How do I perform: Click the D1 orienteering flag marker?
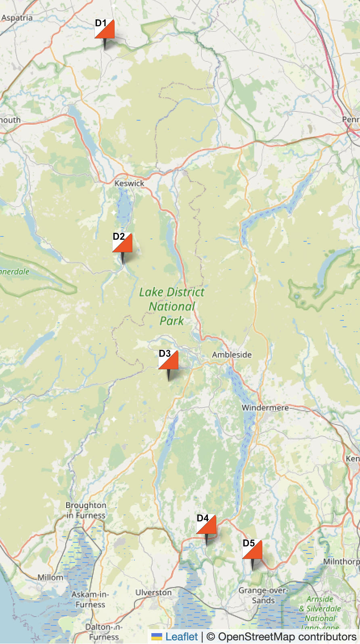(105, 29)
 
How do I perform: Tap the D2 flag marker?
(122, 243)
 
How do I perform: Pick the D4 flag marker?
(206, 524)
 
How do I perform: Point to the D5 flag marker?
(252, 549)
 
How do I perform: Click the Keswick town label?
(129, 183)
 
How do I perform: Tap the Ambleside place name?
(232, 355)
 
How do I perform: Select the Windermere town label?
(265, 408)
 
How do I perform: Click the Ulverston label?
(153, 592)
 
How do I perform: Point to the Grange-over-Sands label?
(263, 595)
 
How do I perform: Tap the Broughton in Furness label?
(86, 510)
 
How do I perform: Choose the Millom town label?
(50, 577)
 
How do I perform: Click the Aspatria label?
(17, 18)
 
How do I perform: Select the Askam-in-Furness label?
(90, 599)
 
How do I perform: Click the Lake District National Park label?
(172, 306)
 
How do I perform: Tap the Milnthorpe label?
(341, 561)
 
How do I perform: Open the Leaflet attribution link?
(182, 637)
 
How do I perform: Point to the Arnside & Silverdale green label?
(320, 608)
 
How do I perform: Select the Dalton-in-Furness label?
(103, 632)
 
